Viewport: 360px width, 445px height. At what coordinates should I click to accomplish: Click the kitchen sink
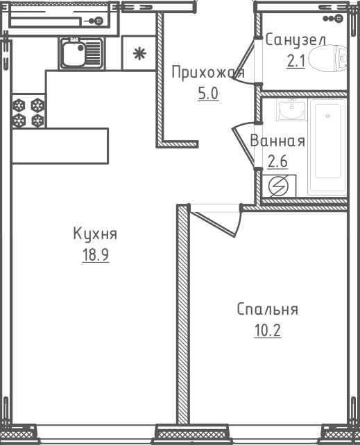82,53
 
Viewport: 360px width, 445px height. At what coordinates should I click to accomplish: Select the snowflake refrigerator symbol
139,53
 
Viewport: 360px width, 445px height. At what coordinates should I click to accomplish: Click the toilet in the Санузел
327,58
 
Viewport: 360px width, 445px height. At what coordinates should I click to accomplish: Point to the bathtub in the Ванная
328,147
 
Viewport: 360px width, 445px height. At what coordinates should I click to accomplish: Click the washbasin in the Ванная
291,110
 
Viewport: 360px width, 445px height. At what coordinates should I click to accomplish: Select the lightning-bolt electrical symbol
278,186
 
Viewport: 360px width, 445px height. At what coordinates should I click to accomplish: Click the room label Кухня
95,234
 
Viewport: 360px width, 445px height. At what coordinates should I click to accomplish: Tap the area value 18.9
96,254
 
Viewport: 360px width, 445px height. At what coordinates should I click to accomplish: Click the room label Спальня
268,309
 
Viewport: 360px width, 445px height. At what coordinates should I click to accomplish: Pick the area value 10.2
268,331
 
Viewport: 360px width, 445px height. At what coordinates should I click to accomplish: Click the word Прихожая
208,72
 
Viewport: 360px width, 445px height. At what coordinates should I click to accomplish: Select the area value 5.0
208,94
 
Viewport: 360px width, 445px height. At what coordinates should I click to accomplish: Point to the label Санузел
295,40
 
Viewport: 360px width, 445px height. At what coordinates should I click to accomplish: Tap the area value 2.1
295,61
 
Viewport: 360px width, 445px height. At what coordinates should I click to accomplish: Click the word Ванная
277,141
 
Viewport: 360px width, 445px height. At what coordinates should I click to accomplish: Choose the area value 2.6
277,162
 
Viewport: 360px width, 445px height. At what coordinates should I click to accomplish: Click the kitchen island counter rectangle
60,146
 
